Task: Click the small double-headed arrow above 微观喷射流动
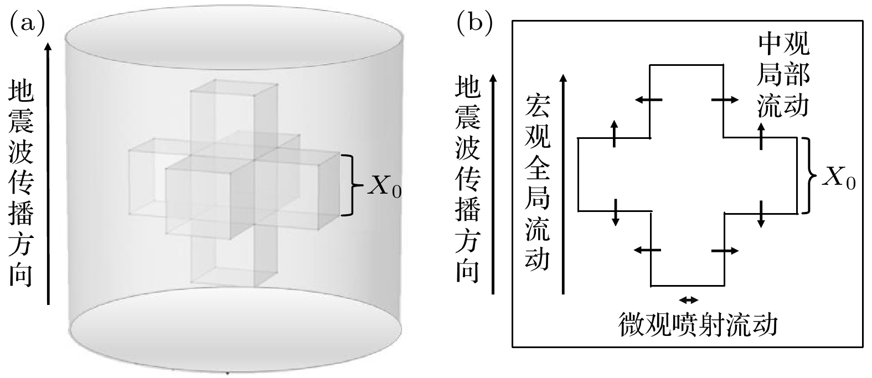(x=689, y=300)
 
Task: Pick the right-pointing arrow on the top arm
(x=725, y=100)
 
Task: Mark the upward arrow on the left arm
(x=614, y=133)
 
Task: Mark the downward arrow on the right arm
(x=761, y=214)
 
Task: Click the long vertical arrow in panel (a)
(x=49, y=174)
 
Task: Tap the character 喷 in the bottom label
(x=685, y=325)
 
